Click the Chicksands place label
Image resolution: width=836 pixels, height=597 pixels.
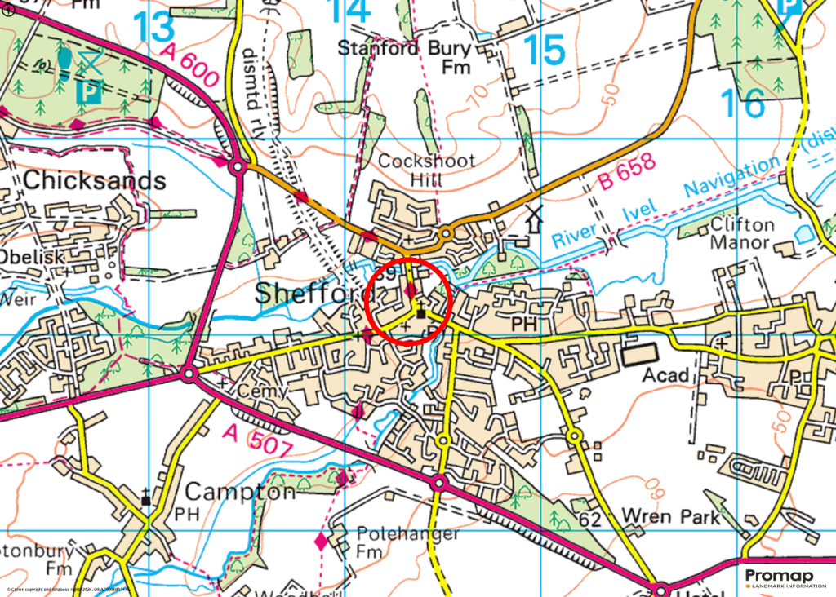95,180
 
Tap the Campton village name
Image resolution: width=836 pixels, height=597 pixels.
240,492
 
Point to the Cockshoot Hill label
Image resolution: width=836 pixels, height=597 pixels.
426,170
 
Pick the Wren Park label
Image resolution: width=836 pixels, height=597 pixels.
671,516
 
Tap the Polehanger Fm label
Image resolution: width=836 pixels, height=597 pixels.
408,542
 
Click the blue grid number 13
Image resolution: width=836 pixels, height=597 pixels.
154,27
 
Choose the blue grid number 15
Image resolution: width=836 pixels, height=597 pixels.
545,51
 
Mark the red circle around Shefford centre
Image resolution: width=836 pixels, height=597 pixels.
408,301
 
